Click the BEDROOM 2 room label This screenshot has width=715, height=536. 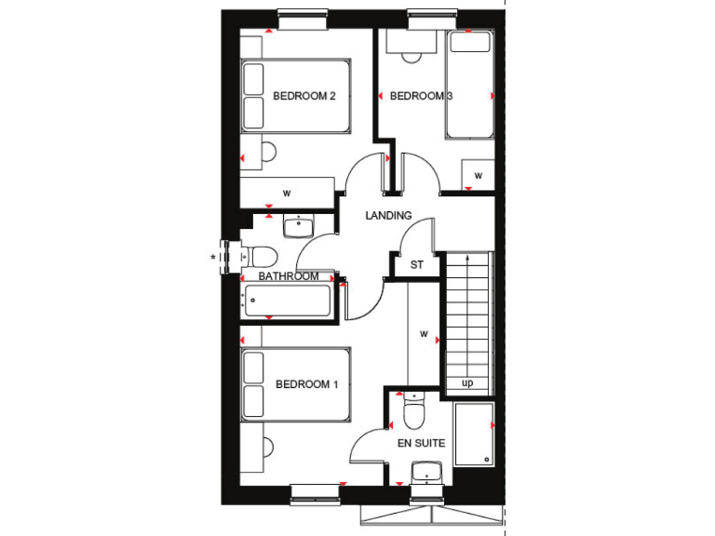304,96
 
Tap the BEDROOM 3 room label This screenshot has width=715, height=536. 421,96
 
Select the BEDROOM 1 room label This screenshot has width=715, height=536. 306,384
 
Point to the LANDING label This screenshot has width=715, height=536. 388,215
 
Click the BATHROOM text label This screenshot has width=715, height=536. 289,276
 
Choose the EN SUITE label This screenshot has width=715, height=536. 422,444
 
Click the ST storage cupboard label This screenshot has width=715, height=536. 417,265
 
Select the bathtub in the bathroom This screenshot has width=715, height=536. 286,301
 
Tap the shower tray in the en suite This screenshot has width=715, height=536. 474,434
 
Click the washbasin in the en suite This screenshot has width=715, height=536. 427,474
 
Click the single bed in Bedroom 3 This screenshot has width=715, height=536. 469,85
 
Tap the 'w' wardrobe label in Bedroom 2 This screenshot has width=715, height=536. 287,194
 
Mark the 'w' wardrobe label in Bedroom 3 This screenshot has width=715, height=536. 479,175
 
